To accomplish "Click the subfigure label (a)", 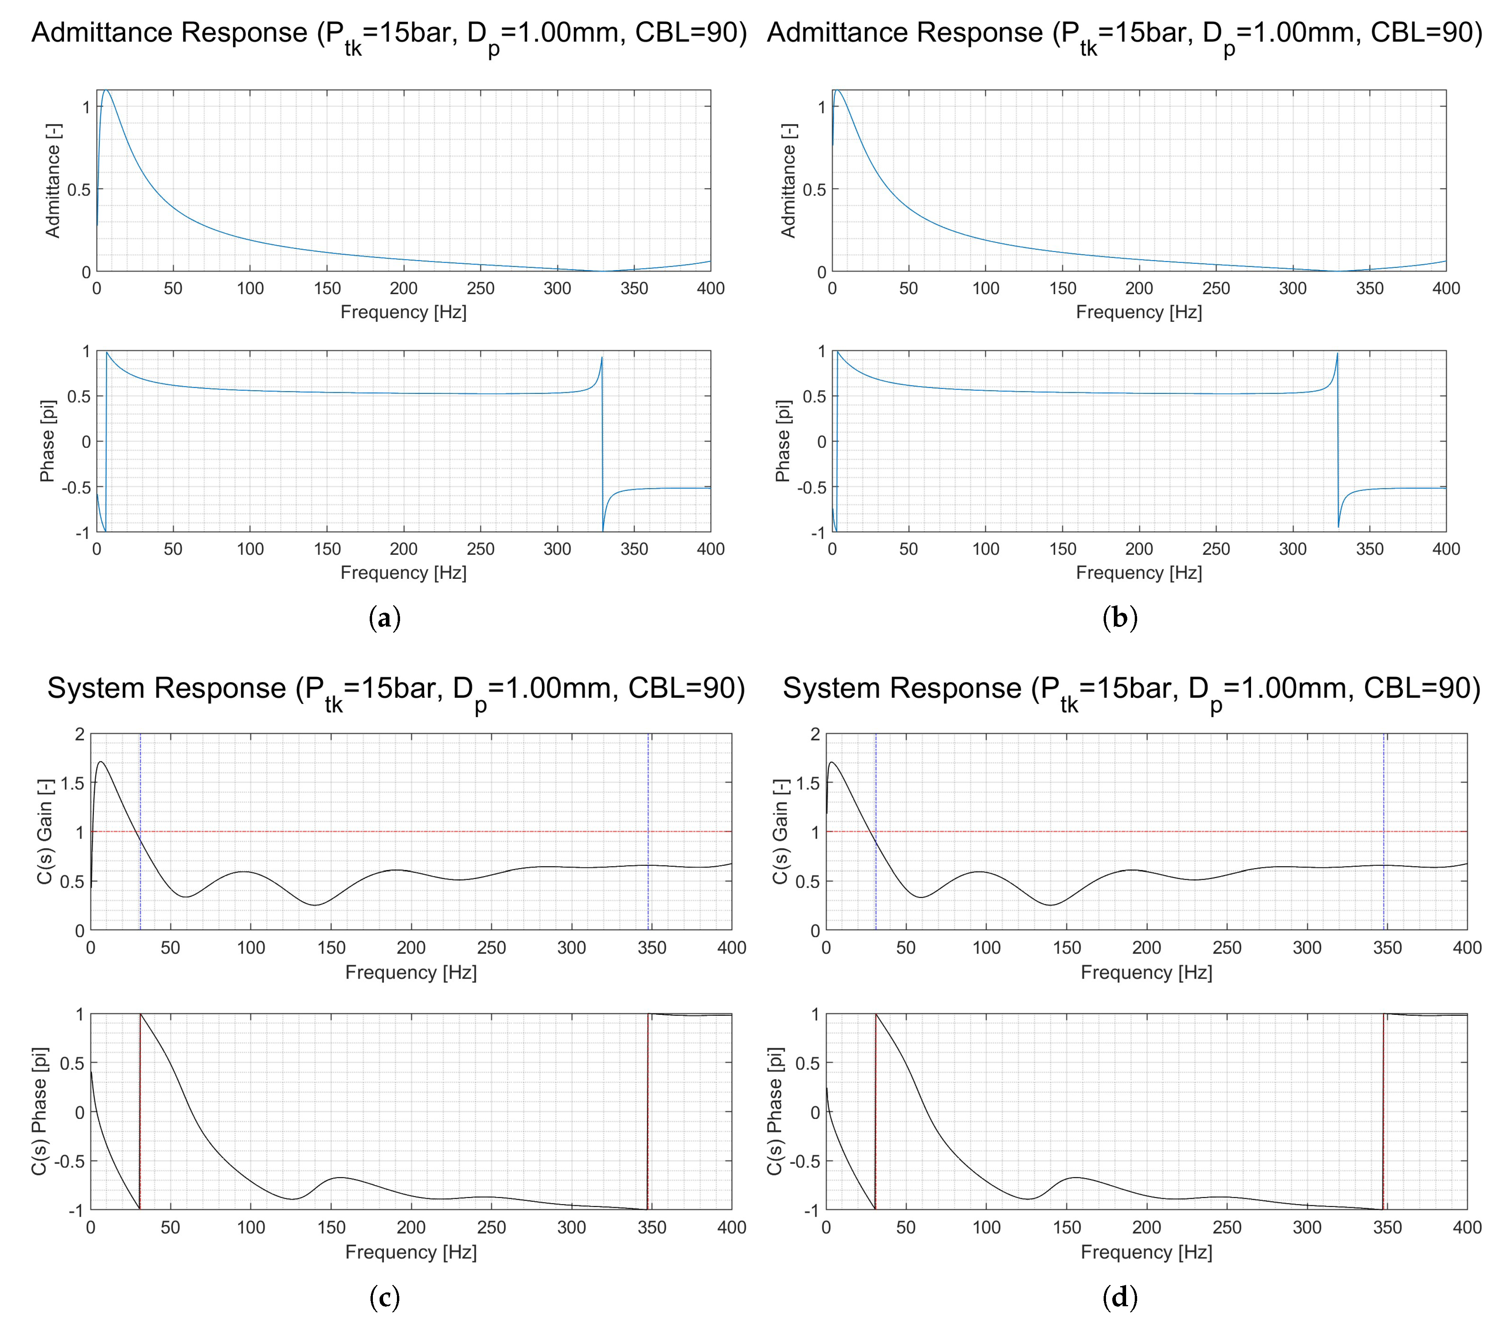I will pos(385,619).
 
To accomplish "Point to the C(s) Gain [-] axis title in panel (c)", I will pos(44,831).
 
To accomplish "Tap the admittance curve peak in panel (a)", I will pos(106,90).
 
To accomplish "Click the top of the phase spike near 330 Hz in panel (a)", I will pos(602,358).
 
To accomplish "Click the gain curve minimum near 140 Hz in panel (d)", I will pos(1051,905).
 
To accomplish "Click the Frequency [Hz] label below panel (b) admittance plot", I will pos(1139,312).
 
